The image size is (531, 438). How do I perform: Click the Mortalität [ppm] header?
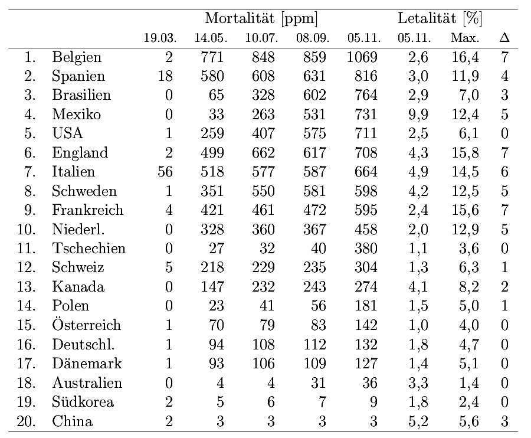[262, 19]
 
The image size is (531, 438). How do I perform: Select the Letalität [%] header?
[440, 19]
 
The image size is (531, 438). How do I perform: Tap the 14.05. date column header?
[211, 38]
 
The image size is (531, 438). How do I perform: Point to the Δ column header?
[504, 38]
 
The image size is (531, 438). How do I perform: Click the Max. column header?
[464, 38]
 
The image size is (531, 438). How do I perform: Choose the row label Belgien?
[77, 57]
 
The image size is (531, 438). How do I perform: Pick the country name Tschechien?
[88, 249]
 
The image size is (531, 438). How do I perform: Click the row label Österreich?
[86, 325]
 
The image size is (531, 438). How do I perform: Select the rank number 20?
[27, 421]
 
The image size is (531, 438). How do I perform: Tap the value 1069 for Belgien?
[362, 57]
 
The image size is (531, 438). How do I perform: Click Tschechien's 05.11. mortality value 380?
[365, 249]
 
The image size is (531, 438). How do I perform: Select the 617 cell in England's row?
[314, 153]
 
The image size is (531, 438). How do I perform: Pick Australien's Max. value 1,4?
[468, 383]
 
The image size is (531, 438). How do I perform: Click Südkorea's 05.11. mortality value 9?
[372, 402]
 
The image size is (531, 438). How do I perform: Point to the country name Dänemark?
[87, 364]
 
